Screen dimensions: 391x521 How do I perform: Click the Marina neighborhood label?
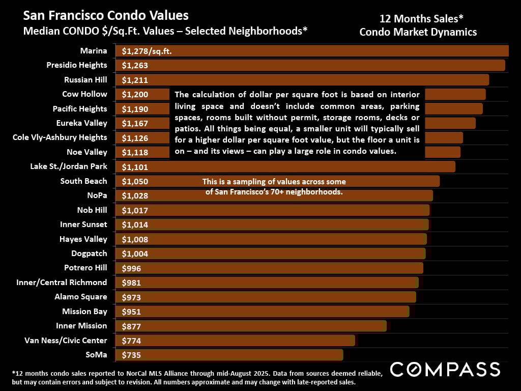click(94, 50)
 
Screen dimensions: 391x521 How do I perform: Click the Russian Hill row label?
click(85, 79)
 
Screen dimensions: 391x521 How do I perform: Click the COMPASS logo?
click(445, 369)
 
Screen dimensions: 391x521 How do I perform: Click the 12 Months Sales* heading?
click(421, 19)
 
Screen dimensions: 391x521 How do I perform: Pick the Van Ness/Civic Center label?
click(66, 340)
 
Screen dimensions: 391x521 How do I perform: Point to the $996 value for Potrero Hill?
click(131, 268)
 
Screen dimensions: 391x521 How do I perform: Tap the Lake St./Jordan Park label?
click(69, 166)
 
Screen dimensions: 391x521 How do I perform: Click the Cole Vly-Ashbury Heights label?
click(60, 137)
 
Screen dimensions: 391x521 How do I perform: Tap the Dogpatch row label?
click(89, 254)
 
